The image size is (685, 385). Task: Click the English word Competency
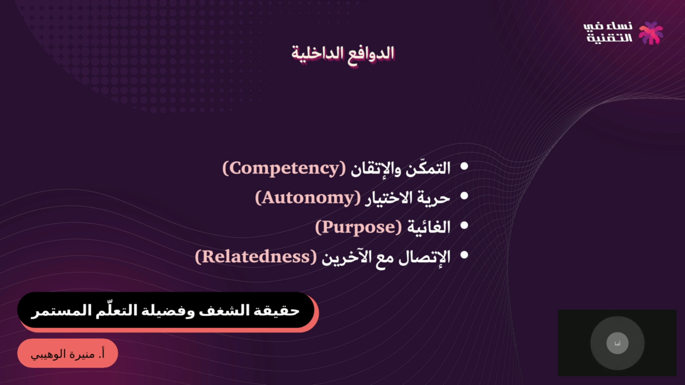point(284,168)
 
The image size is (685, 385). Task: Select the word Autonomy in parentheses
point(308,198)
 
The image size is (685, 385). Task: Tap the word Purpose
point(358,227)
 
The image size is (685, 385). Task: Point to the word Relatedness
point(256,257)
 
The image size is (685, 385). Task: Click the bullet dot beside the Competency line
point(464,166)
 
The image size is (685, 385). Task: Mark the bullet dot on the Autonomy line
point(464,196)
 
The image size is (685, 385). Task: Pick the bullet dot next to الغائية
point(464,225)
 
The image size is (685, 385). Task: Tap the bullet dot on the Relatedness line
point(464,255)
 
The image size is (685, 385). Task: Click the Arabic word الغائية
point(429,227)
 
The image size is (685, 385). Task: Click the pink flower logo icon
point(651,33)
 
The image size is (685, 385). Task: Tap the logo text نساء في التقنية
point(608,32)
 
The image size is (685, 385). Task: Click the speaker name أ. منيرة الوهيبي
point(67,354)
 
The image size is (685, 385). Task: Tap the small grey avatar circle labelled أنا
point(618,343)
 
